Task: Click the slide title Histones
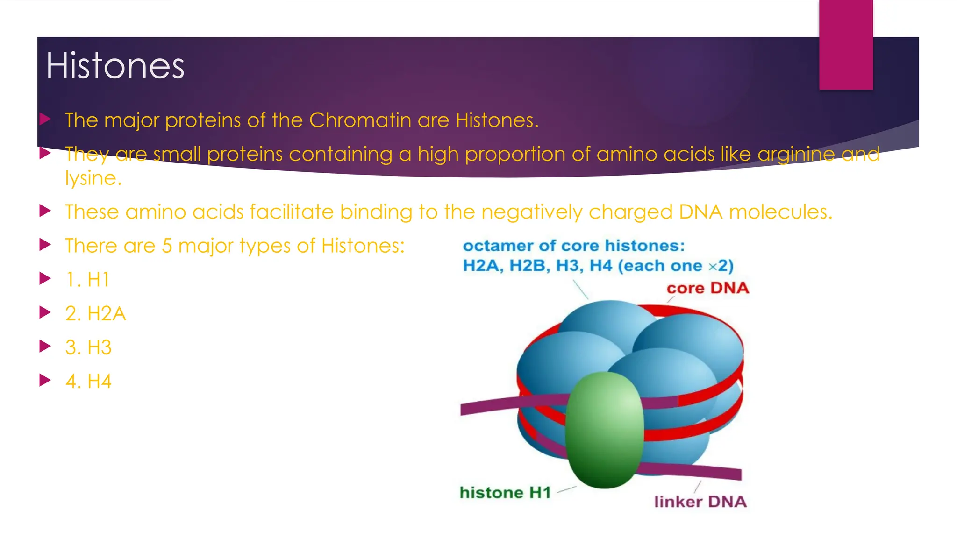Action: pos(115,66)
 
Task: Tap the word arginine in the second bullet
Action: pos(796,155)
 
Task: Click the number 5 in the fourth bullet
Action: pos(167,246)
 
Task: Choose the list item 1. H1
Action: pos(88,280)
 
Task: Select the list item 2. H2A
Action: pos(96,314)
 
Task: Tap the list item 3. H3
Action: pos(89,347)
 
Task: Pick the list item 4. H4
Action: pos(89,382)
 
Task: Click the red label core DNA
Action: pos(707,288)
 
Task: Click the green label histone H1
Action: pos(505,493)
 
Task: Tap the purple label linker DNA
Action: pos(700,502)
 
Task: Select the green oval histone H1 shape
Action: pos(604,430)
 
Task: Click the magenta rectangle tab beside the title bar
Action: pos(846,44)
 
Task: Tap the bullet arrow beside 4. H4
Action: pos(45,380)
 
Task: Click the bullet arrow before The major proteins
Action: pos(45,119)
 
